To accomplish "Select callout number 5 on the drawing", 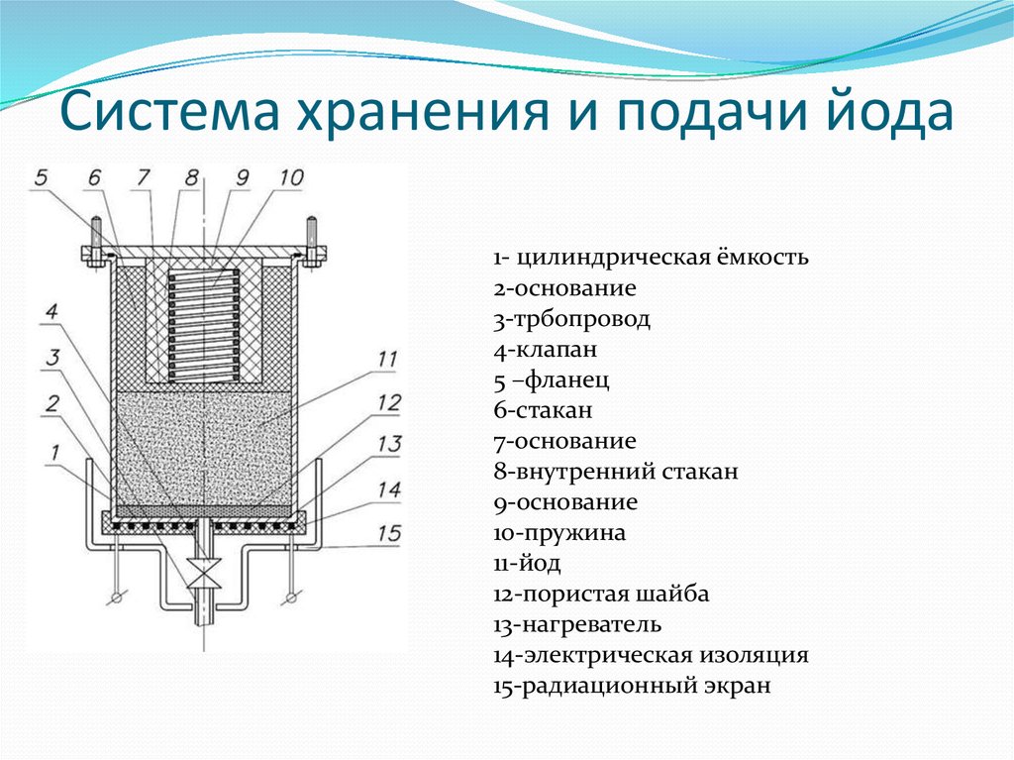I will click(x=41, y=178).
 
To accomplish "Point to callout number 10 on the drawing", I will click(x=291, y=178).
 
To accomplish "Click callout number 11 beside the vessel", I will click(x=388, y=359).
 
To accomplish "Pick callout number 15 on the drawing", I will click(x=389, y=533).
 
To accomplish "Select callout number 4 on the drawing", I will click(x=51, y=312).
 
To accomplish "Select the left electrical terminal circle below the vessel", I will click(x=117, y=597).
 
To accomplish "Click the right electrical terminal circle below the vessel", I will click(x=290, y=597).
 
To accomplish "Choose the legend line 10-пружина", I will click(x=559, y=533).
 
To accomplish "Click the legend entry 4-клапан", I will click(x=546, y=350).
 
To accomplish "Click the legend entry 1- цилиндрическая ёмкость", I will click(x=651, y=259).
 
